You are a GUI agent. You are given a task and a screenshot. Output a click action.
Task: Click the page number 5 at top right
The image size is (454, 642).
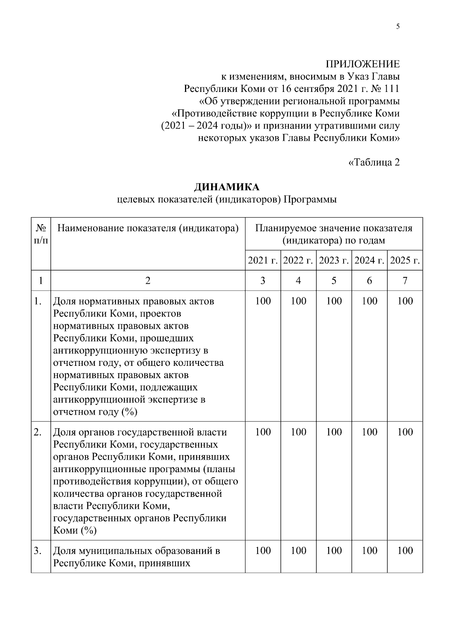[398, 26]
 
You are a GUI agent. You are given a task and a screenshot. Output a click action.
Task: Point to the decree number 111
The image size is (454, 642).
[391, 89]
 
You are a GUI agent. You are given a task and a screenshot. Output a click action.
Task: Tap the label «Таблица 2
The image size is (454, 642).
[374, 163]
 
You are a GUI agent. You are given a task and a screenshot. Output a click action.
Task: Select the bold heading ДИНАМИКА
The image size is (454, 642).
[227, 187]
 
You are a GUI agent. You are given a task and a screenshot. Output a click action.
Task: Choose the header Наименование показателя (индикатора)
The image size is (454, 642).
[148, 229]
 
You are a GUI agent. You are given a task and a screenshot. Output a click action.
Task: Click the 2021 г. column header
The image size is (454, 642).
[263, 260]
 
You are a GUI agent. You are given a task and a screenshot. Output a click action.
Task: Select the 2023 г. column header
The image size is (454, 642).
[334, 260]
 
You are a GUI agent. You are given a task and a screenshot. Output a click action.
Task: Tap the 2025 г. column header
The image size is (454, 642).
[405, 260]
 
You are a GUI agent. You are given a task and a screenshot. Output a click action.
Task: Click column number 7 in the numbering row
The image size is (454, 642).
[405, 281]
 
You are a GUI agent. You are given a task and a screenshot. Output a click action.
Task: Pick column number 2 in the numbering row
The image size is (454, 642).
[148, 281]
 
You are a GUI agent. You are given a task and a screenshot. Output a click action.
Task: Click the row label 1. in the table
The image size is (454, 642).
[37, 301]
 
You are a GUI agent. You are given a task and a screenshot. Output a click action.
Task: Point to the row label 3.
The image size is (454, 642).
[37, 551]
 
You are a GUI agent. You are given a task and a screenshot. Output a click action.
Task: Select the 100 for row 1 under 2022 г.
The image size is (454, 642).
[299, 301]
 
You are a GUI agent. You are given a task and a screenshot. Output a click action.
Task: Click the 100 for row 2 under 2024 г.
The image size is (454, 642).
[370, 432]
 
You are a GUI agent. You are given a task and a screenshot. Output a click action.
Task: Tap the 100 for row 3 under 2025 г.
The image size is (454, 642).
[405, 551]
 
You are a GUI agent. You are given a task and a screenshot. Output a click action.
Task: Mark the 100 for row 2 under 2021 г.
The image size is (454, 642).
[263, 432]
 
